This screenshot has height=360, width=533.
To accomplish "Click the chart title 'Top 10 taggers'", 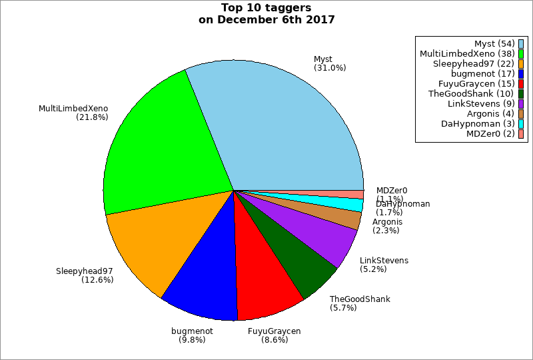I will click(266, 8).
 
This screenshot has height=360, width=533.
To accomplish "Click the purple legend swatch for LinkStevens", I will click(520, 103).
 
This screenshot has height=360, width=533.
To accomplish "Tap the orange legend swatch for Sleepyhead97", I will click(520, 63).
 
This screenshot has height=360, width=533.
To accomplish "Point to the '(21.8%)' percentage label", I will click(93, 117).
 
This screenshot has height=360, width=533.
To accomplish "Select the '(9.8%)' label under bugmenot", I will click(192, 339).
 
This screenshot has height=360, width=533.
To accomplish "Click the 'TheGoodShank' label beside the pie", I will click(360, 299).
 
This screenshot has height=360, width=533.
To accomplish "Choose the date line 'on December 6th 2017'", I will click(266, 19).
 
